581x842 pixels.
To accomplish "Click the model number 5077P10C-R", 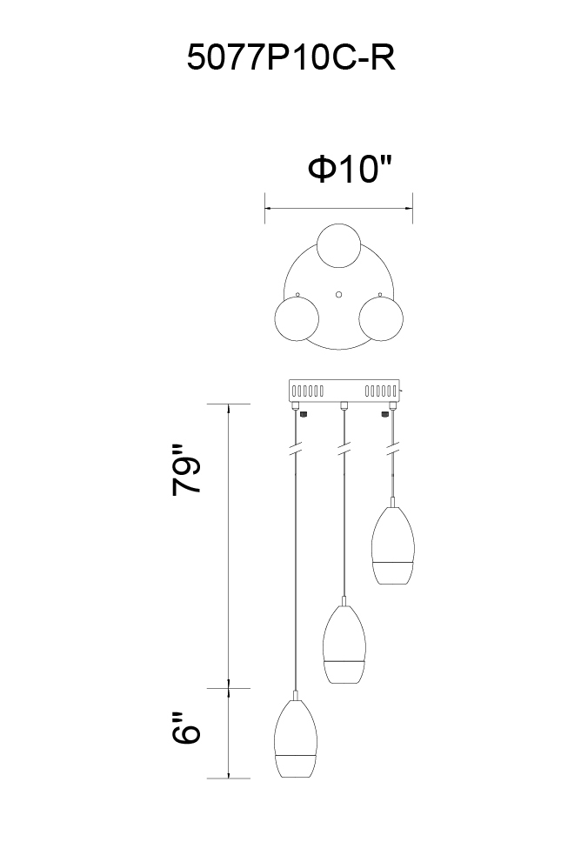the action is pyautogui.click(x=291, y=57).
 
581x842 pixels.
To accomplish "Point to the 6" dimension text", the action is pyautogui.click(x=187, y=728).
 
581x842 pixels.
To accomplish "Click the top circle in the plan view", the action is pyautogui.click(x=338, y=245).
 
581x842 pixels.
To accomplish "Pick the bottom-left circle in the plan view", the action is pyautogui.click(x=297, y=318).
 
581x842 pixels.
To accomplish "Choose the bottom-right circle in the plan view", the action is pyautogui.click(x=381, y=319).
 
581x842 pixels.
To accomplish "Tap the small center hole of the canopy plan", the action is pyautogui.click(x=338, y=294).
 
